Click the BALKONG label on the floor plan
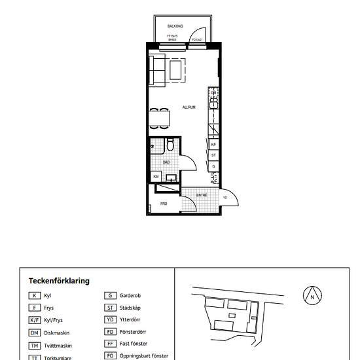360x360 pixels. pos(175,26)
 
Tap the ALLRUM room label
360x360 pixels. pos(189,107)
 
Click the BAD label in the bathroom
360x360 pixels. pos(166,161)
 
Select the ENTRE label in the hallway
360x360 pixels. pos(202,194)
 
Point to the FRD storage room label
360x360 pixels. pos(164,204)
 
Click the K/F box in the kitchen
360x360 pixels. pos(213,144)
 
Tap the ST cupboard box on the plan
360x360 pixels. pos(213,155)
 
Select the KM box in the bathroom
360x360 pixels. pos(156,176)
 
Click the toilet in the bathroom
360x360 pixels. pos(170,145)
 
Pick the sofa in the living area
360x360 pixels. pos(156,70)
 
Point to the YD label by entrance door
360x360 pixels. pos(225,197)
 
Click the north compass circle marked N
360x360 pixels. pos(312,296)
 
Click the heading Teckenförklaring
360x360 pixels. pos(59,280)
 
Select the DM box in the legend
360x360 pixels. pos(35,332)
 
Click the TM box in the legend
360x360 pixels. pos(35,345)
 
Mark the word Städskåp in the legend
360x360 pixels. pos(130,308)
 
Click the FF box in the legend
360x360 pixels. pos(110,344)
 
